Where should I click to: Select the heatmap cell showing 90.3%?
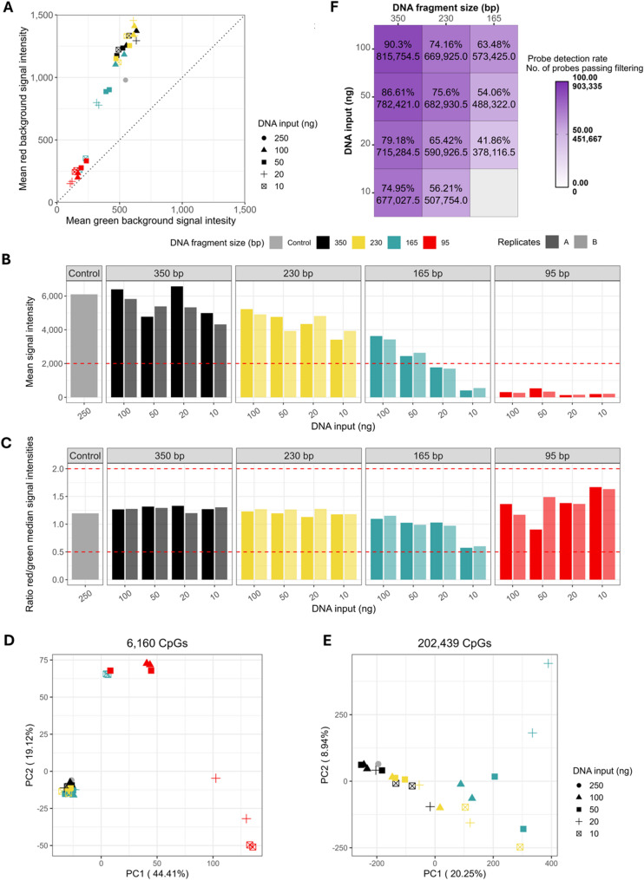(398, 52)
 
